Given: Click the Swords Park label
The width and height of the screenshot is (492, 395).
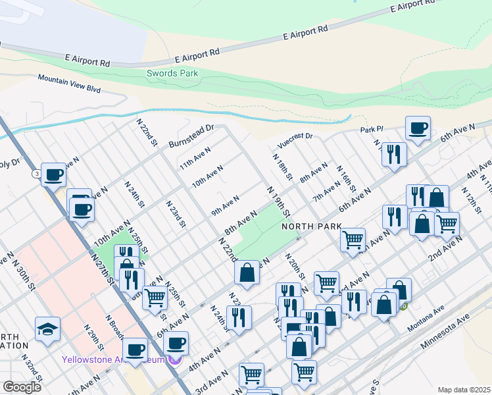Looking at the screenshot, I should click(172, 74).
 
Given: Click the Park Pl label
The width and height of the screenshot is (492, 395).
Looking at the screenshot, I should click(371, 130).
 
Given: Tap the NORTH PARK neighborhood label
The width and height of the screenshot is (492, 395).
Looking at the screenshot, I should click(311, 226).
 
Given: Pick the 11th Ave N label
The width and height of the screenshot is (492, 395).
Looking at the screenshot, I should click(195, 159).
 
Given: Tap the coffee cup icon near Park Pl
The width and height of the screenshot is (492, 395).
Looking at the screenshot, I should click(418, 128).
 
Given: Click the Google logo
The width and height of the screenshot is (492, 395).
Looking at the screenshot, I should click(22, 386).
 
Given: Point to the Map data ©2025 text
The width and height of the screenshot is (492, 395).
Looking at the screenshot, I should click(464, 390).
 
